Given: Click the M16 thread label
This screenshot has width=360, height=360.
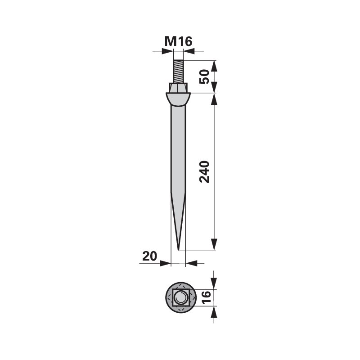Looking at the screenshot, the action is click(178, 41).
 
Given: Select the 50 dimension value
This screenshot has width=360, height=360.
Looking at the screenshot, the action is click(204, 76).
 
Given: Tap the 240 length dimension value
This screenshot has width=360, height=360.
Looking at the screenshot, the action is click(204, 172).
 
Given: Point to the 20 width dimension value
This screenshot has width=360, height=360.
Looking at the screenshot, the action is click(149, 256).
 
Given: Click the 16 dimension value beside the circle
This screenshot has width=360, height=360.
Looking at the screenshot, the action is click(206, 297).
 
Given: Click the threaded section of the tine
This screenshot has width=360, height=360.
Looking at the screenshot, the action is click(178, 72).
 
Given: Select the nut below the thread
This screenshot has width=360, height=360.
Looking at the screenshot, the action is click(178, 87).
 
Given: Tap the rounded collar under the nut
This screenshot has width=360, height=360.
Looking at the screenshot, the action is click(178, 99).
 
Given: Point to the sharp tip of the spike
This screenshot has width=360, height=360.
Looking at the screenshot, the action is click(178, 250).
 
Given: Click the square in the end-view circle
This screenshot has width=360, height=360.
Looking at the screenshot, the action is click(181, 297).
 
